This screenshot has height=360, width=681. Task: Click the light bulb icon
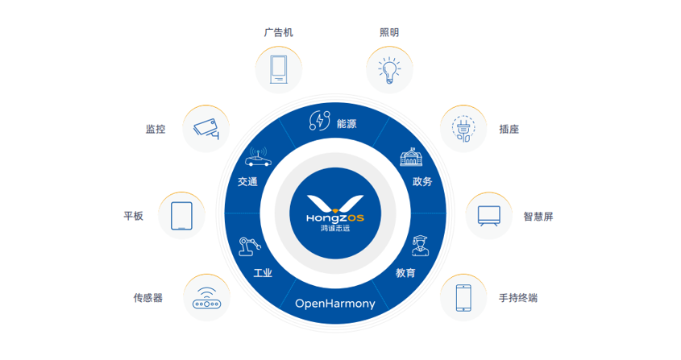(389, 70)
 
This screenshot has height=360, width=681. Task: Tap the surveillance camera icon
(206, 129)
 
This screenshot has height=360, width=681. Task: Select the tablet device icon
(181, 216)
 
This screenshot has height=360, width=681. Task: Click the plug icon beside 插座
(463, 129)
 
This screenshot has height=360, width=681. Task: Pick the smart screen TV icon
(489, 216)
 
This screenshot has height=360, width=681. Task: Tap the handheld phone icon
(463, 297)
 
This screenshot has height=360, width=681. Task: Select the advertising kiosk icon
(278, 69)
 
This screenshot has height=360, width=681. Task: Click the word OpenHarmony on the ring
(334, 304)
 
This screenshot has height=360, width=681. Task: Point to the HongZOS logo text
(334, 217)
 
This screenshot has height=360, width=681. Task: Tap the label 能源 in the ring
(347, 124)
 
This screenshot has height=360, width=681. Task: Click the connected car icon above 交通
(258, 157)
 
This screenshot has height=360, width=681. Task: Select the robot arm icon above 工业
(250, 246)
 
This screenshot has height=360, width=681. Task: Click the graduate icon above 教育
(421, 246)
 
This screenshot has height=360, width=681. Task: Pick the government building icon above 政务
(411, 157)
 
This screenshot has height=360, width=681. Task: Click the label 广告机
(278, 32)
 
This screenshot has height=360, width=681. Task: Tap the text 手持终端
(518, 298)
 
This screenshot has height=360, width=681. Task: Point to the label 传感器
(148, 298)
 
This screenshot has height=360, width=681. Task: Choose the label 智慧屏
(538, 217)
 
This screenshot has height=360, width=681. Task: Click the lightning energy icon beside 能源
(319, 121)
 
